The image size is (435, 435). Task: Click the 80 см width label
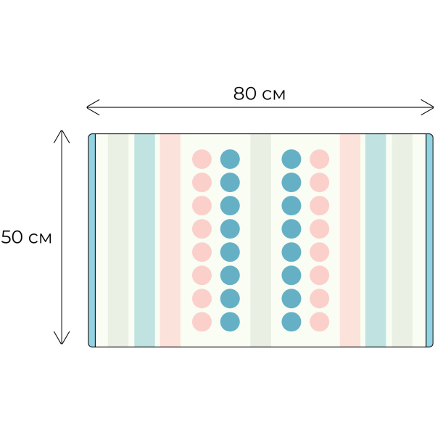click(x=259, y=94)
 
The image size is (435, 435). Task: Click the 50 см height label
click(x=26, y=238)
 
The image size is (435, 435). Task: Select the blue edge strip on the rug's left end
click(x=92, y=240)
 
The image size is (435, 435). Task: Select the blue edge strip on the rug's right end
click(x=429, y=240)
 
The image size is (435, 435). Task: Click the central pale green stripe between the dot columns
click(x=260, y=240)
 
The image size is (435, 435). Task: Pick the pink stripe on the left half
click(x=170, y=240)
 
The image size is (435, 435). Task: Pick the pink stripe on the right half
click(x=350, y=240)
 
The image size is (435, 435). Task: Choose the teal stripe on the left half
click(x=144, y=240)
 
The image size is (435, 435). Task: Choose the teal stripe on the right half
click(x=376, y=240)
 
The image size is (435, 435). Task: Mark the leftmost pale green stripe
click(x=118, y=240)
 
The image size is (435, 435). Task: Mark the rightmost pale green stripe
click(x=402, y=240)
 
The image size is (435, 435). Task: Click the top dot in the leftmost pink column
click(x=202, y=159)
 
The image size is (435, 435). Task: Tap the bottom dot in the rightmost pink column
click(x=320, y=322)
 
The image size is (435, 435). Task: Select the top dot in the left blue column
click(x=230, y=159)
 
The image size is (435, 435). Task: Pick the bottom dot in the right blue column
click(x=291, y=322)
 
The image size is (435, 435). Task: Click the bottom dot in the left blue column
click(x=230, y=322)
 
